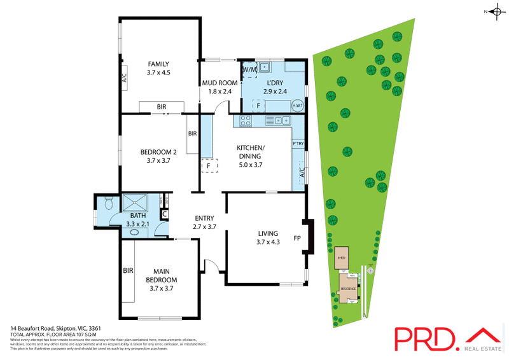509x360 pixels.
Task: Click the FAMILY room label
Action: tap(158, 64)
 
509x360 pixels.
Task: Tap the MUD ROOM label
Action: tap(220, 83)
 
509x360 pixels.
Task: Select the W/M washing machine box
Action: tap(249, 68)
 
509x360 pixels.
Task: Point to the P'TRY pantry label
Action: tap(298, 143)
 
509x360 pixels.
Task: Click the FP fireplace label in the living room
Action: tap(296, 240)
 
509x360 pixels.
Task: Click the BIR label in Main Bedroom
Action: tap(128, 270)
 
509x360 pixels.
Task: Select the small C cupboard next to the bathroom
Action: tap(164, 214)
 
